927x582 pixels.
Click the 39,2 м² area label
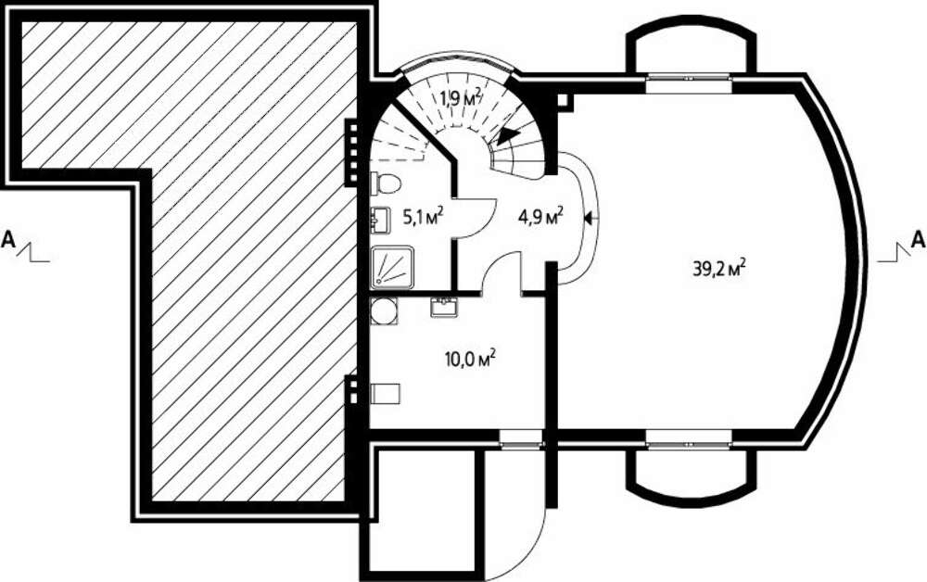(718, 269)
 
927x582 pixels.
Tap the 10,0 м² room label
(469, 358)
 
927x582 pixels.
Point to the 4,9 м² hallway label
(540, 216)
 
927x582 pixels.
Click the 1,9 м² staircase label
(460, 97)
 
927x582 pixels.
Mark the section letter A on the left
(8, 239)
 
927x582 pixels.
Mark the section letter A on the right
(918, 239)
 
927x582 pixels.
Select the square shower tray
(392, 267)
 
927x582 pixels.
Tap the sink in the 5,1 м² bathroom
(379, 220)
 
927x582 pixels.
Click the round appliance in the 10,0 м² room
(384, 311)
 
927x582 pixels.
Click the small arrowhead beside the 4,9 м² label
(589, 218)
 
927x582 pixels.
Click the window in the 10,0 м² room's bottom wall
(521, 439)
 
